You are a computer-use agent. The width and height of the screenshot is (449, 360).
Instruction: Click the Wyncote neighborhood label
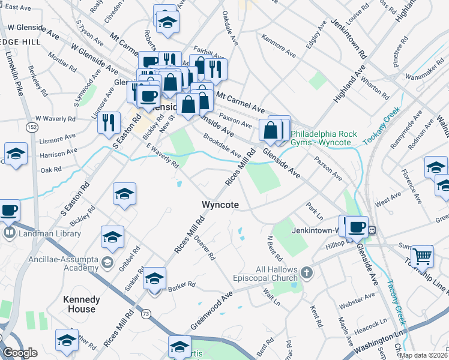[x=220, y=205]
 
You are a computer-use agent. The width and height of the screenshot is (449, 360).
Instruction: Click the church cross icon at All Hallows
[x=307, y=274]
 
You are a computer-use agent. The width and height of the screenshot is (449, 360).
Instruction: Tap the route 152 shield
[x=32, y=127]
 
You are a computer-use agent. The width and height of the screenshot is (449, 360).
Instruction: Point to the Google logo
[x=20, y=353]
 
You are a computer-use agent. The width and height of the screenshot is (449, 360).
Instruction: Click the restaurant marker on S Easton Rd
[x=109, y=122]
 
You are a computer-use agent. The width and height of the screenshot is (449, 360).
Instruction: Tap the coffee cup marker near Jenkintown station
[x=357, y=227]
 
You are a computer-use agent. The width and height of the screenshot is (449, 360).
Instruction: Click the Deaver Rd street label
[x=204, y=246]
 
